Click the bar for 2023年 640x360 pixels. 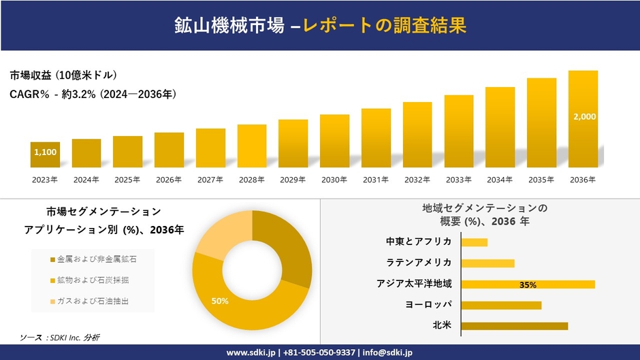point(45,155)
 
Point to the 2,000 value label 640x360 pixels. point(584,117)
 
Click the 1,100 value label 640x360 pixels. point(45,152)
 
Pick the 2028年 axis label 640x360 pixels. point(251,180)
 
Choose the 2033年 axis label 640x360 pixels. point(458,180)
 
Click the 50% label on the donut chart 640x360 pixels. point(220,300)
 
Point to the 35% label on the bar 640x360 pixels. point(528,284)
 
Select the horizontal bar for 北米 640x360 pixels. point(514,326)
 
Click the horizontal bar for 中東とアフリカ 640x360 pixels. point(474,242)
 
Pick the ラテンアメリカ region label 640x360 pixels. point(418,263)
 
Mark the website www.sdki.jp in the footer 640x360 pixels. point(251,353)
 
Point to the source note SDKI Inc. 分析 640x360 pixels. point(60,338)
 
